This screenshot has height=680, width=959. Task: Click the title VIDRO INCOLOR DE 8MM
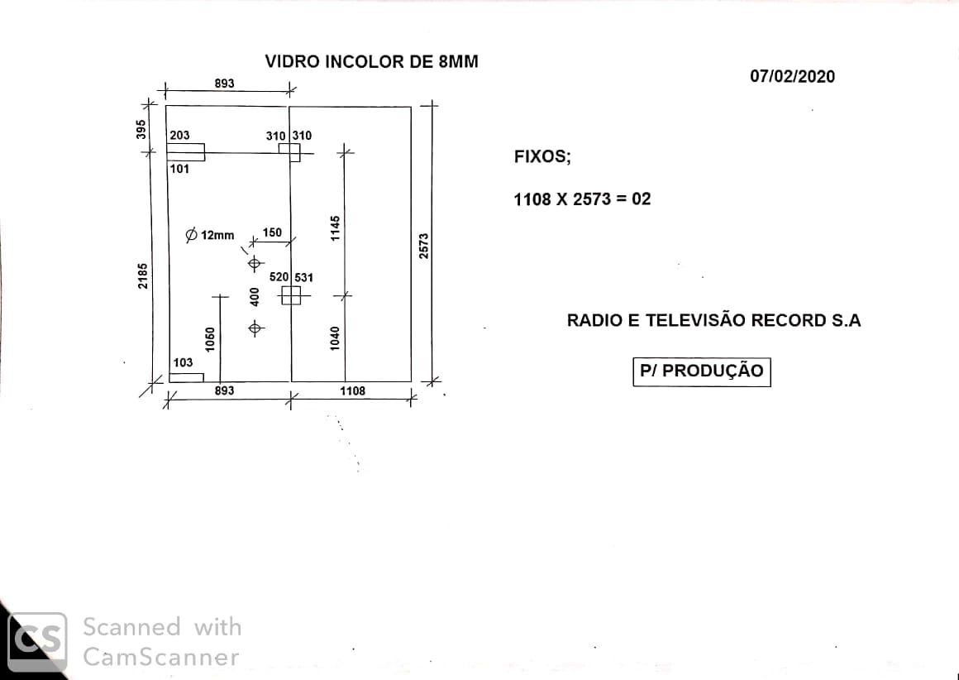tap(371, 62)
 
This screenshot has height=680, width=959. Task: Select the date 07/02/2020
tap(792, 76)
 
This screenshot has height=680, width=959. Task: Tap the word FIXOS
tap(542, 156)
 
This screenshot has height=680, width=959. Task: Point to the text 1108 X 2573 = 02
tap(582, 199)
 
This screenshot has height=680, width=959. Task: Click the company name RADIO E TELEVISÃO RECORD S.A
tap(713, 321)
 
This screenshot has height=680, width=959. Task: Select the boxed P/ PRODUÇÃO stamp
tap(702, 371)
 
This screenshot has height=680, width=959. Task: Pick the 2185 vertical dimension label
tap(142, 276)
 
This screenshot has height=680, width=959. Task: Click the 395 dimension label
tap(141, 129)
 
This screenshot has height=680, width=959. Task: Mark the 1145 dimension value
tap(335, 228)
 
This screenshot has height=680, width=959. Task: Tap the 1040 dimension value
tap(335, 338)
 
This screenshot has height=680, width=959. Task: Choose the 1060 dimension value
tap(210, 340)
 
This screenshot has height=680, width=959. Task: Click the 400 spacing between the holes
tap(255, 297)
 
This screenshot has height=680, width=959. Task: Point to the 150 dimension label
tap(272, 232)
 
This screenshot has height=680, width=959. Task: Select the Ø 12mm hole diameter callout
tap(210, 235)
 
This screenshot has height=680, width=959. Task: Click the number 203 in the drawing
tap(180, 136)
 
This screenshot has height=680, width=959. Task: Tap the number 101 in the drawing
tap(180, 169)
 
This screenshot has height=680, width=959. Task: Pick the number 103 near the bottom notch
tap(183, 363)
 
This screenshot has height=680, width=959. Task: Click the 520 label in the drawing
tap(279, 277)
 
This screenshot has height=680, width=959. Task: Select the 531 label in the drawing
tap(304, 278)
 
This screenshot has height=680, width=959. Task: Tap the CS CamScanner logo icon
tap(36, 641)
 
